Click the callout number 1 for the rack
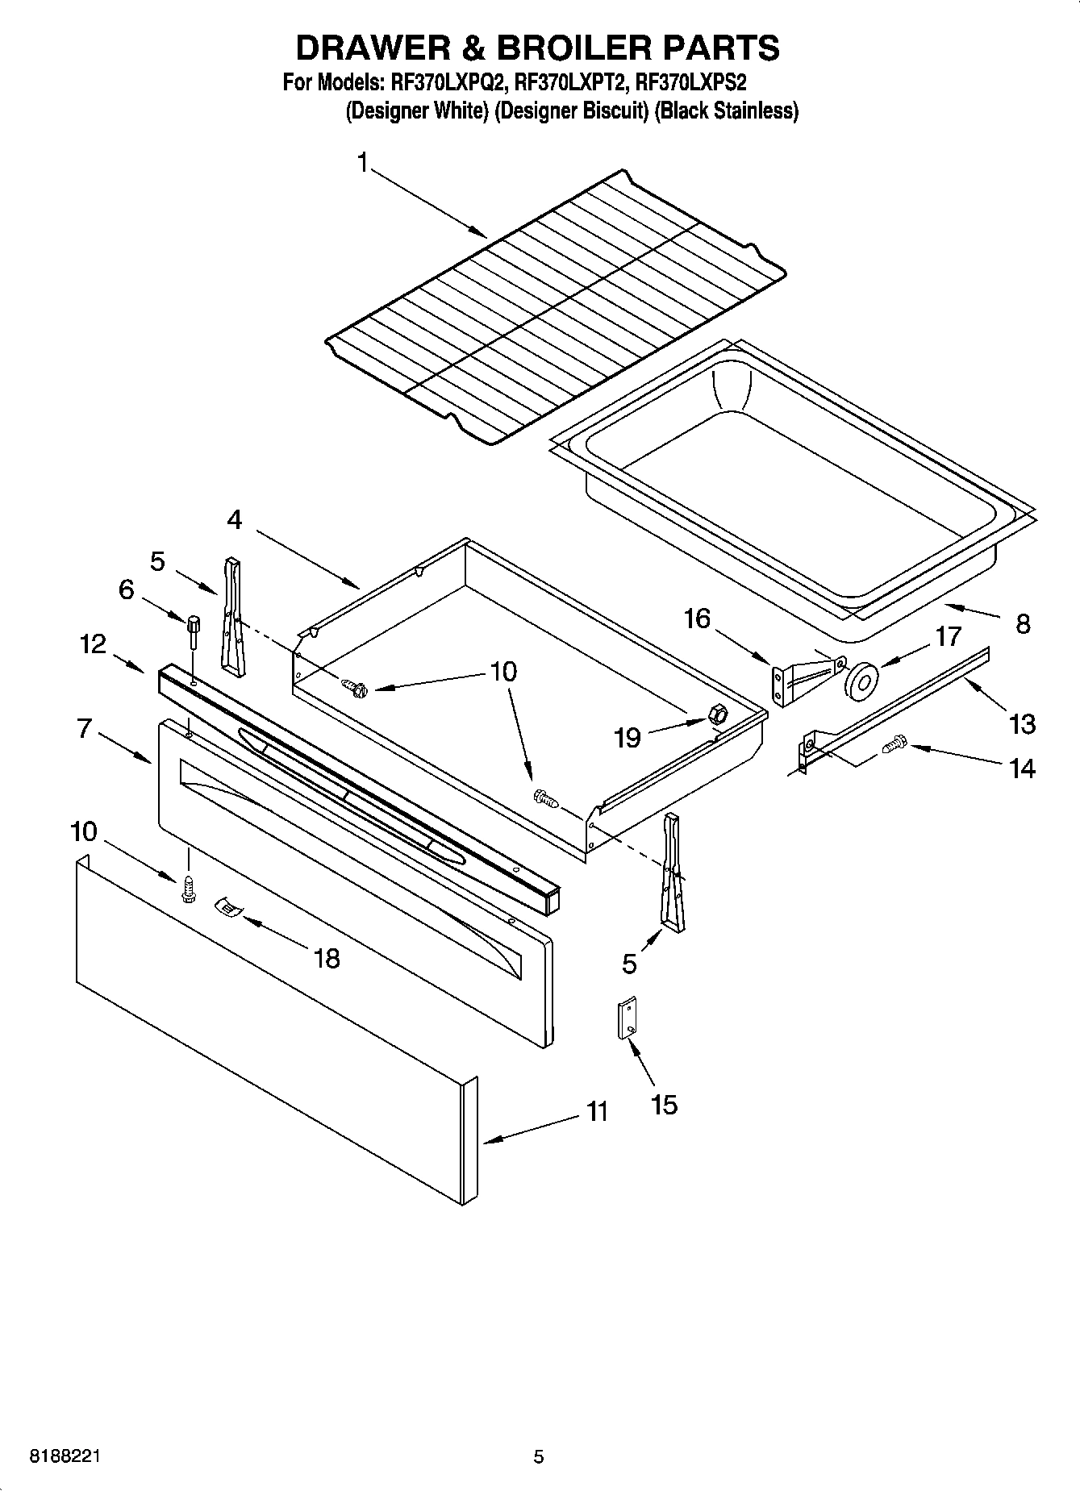point(363,163)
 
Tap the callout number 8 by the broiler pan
point(1022,623)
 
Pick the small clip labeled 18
point(229,908)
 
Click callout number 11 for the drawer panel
point(596,1112)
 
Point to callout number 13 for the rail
point(1021,723)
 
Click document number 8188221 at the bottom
point(65,1456)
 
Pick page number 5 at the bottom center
point(538,1456)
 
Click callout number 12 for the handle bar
point(93,643)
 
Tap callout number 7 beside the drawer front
point(84,728)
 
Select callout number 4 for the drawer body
point(234,520)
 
